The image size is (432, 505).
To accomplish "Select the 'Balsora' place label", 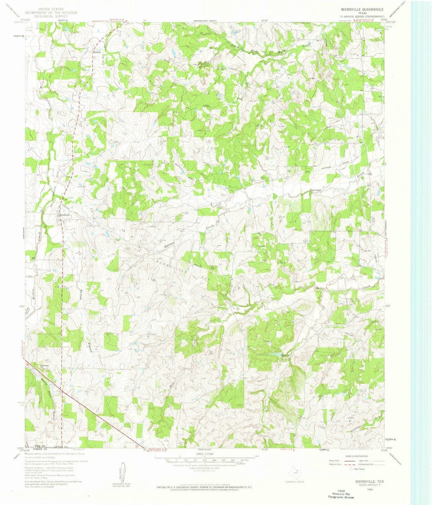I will tap(96, 52).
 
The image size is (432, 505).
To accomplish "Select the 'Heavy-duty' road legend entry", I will tap(334, 460).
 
